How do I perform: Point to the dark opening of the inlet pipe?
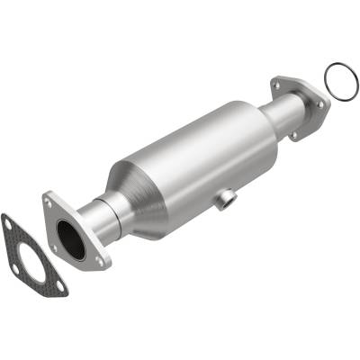click(69, 238)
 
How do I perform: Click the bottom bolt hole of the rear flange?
click(294, 135)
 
